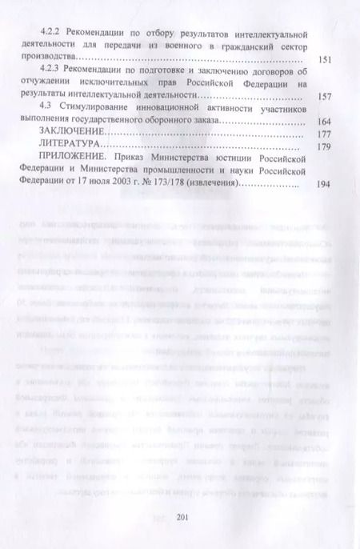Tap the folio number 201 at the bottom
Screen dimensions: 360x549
point(180,515)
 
